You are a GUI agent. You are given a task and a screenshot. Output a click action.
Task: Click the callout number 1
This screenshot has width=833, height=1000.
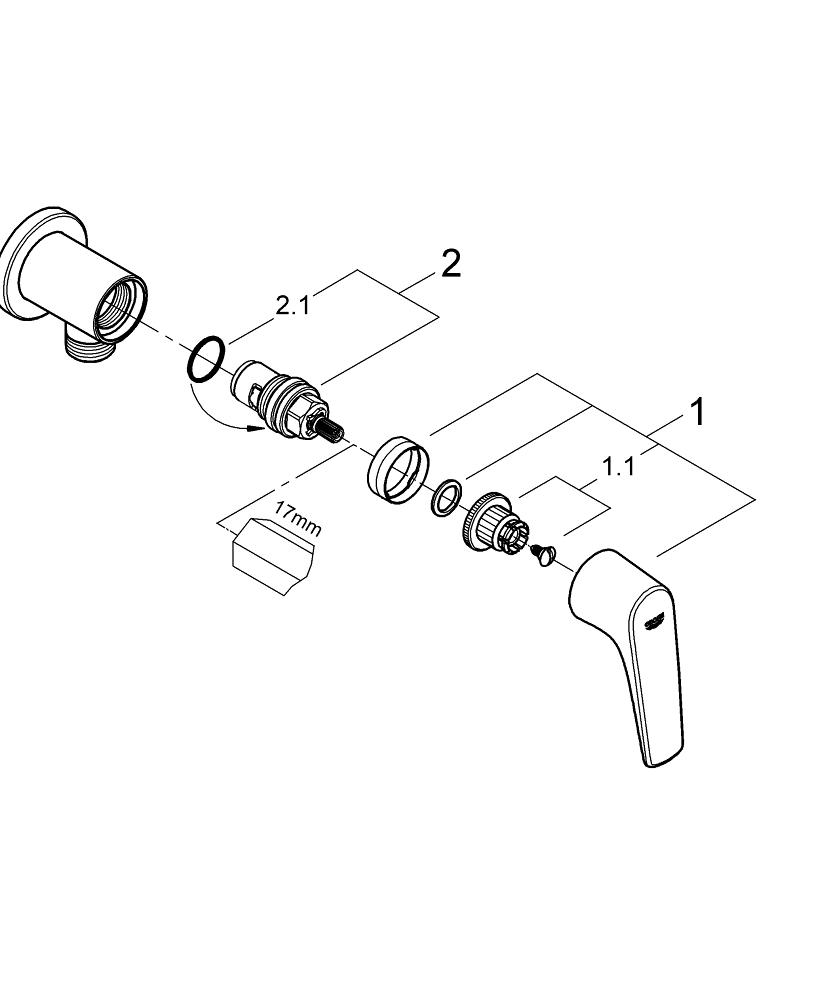pos(697,411)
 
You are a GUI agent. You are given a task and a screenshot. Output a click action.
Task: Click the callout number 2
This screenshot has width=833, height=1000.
pos(451,264)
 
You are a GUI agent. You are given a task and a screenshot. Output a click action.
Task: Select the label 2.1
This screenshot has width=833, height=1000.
pos(293,306)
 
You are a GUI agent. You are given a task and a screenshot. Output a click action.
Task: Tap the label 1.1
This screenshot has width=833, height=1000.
pos(618,466)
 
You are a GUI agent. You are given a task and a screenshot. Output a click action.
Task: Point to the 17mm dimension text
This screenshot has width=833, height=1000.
pos(297,519)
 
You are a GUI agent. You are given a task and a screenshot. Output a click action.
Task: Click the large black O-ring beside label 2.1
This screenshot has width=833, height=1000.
pos(205,360)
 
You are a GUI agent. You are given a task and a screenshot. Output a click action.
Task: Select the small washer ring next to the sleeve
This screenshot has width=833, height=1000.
pos(447,495)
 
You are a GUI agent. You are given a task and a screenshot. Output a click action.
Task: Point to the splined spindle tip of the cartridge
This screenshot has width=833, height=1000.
pos(330,432)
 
